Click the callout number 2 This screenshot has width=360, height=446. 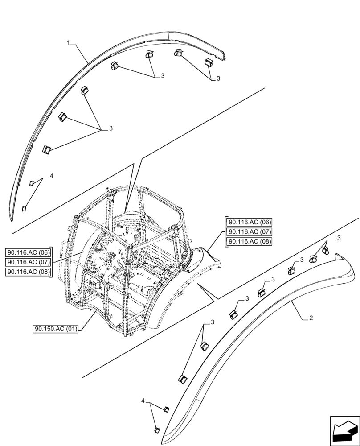click(311, 318)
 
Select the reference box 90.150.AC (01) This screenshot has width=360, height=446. click(56, 329)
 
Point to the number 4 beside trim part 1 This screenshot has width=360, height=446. click(51, 177)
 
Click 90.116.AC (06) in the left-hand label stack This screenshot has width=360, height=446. click(29, 252)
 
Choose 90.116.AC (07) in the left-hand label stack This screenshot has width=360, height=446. click(29, 262)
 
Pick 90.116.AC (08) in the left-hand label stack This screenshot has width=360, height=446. click(29, 272)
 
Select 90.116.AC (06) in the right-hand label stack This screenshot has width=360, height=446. click(250, 222)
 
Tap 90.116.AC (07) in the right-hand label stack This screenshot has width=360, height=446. click(250, 232)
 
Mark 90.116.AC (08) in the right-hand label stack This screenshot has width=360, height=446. click(250, 242)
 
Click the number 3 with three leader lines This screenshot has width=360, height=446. click(110, 128)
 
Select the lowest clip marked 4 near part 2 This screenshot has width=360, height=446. click(156, 429)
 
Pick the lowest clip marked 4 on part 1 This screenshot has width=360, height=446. click(25, 208)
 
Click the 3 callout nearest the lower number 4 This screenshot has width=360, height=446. click(213, 322)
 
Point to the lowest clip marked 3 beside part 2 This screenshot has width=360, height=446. click(182, 379)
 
